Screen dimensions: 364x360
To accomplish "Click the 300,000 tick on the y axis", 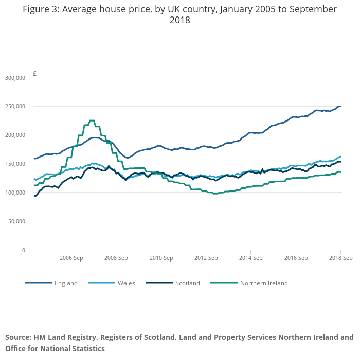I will (14, 78).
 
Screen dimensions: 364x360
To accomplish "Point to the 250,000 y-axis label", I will (14, 107).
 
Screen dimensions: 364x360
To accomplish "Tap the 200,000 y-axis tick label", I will (14, 135).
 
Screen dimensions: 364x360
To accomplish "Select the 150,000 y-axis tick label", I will (14, 164).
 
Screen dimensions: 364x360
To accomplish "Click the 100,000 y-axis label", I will (14, 193).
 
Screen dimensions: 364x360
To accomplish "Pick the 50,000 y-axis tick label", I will (16, 221).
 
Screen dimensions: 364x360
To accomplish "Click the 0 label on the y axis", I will (23, 250).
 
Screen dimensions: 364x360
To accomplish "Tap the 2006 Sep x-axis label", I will (71, 257).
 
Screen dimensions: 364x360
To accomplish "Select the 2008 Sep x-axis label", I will (116, 257).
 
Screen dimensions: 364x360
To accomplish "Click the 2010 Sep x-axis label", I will (160, 257).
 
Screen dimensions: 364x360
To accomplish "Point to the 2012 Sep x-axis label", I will (205, 257).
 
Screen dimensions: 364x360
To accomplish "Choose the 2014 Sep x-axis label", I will (250, 257).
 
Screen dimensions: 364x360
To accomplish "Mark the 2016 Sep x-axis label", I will (295, 257).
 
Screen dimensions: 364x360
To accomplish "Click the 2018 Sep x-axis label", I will (340, 257).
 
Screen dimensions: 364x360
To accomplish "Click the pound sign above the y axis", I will (34, 74).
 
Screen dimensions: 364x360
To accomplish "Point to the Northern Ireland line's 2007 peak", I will (92, 120).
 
